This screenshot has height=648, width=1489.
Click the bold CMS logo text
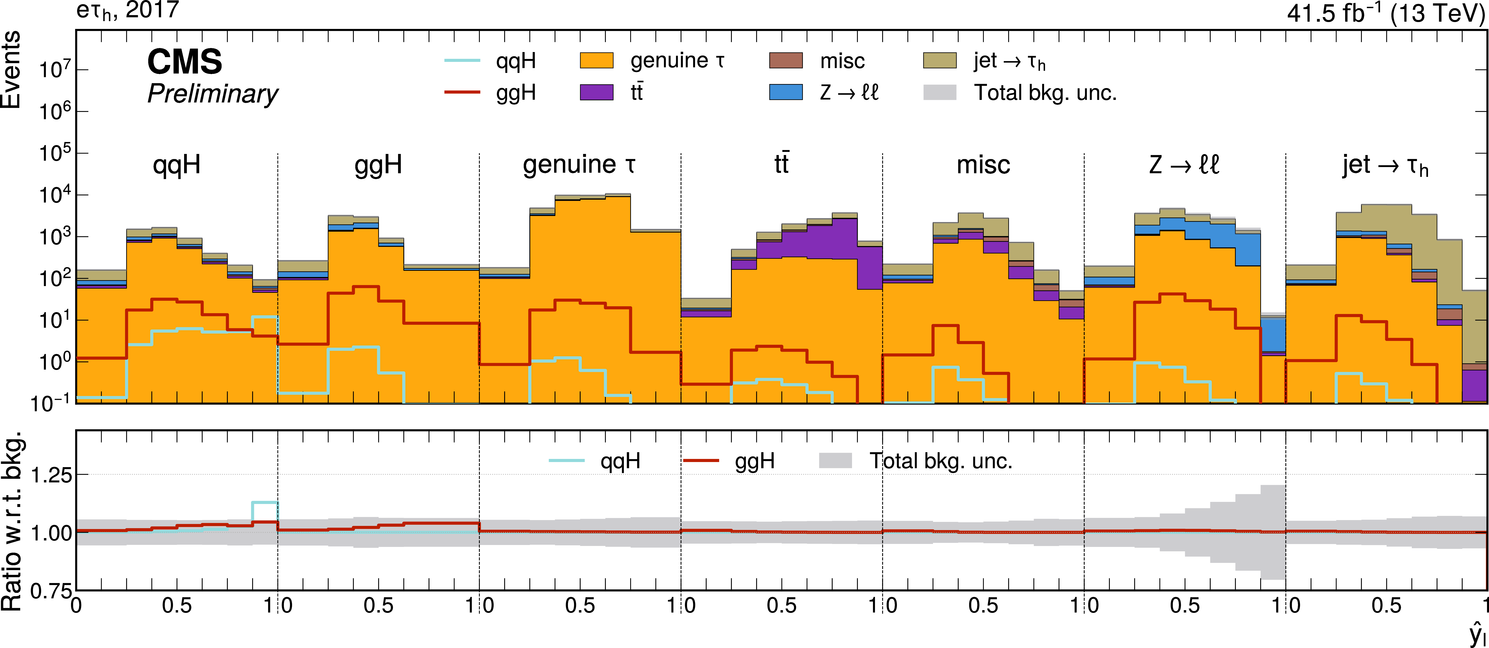click(x=184, y=62)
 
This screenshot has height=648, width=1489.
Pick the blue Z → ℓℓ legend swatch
click(x=786, y=92)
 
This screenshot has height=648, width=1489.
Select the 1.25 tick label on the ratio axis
click(x=51, y=475)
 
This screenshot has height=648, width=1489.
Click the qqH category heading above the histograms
click(x=176, y=165)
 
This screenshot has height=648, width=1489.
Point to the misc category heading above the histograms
click(x=983, y=165)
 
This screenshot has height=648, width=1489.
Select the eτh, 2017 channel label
click(x=127, y=10)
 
